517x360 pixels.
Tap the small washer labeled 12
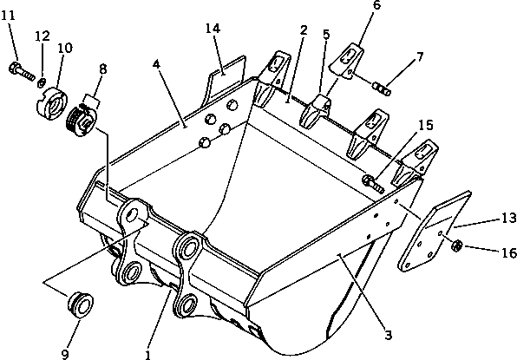point(41,82)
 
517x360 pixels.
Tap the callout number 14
point(213,29)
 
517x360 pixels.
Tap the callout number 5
point(326,36)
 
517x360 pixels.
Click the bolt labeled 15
point(373,183)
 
